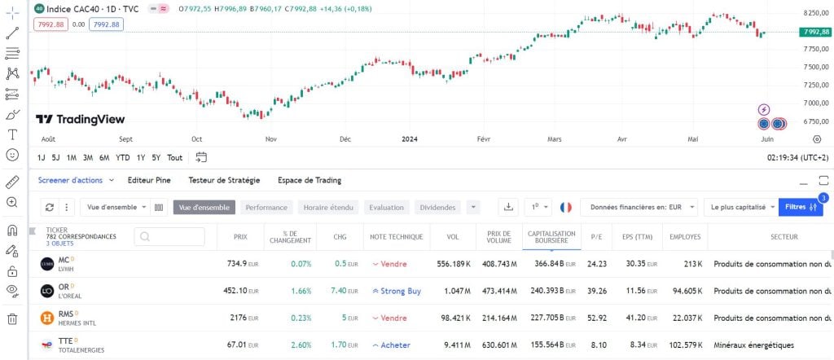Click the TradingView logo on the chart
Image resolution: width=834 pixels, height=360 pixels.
(80, 119)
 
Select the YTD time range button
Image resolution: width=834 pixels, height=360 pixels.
(123, 157)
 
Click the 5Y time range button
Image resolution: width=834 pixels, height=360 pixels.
(156, 157)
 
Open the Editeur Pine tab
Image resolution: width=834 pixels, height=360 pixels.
(149, 180)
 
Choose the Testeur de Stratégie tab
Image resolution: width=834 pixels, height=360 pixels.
(224, 180)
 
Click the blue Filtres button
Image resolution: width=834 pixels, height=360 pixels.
(801, 208)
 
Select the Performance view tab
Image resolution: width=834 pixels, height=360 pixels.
(266, 208)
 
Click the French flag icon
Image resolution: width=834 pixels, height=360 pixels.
(566, 208)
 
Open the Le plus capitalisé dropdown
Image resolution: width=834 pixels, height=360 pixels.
(740, 208)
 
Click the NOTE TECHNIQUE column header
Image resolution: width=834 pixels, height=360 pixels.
(396, 237)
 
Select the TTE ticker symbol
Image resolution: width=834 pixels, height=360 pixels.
(66, 340)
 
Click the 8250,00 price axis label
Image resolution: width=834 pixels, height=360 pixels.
(815, 14)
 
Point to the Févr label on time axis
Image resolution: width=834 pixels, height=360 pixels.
(484, 139)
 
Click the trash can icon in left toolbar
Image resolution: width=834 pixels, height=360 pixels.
(12, 319)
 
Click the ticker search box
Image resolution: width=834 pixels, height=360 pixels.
(169, 236)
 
